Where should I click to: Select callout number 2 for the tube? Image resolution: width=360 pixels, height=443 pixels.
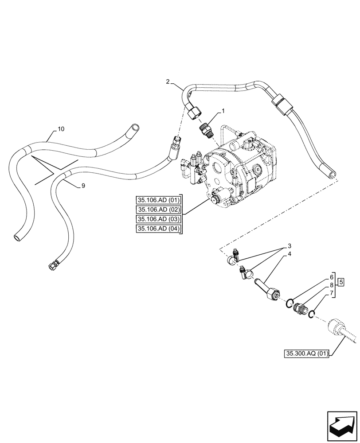(x=168, y=82)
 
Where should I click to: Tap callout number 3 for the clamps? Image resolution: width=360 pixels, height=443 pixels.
(x=289, y=246)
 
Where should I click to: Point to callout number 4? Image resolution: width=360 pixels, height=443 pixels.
(x=289, y=254)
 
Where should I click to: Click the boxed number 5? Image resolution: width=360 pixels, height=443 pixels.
(x=340, y=281)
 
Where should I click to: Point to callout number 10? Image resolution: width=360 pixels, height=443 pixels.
(x=61, y=129)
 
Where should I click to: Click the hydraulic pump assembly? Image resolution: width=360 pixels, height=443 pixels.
(x=235, y=173)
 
